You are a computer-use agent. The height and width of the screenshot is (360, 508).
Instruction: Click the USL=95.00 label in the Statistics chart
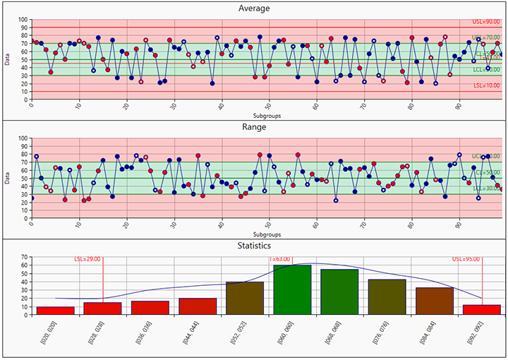click(467, 259)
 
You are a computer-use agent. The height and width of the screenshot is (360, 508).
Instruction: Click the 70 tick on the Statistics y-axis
click(23, 258)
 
